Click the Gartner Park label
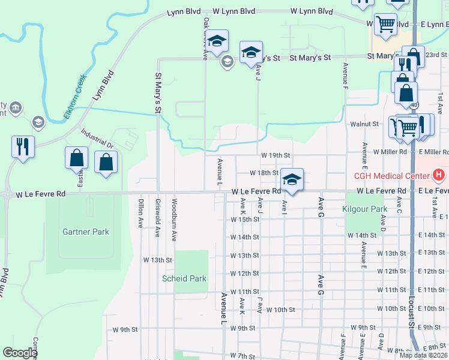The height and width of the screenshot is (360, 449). tap(86, 232)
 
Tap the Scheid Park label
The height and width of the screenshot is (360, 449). tap(184, 278)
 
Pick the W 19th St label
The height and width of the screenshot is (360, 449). tap(276, 155)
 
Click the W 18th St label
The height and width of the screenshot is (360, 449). tap(264, 173)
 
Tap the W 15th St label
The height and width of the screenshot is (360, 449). tap(245, 219)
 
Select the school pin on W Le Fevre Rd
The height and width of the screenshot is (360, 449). tap(292, 180)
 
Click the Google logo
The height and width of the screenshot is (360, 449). tap(20, 353)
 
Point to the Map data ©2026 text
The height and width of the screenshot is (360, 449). tap(423, 355)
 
